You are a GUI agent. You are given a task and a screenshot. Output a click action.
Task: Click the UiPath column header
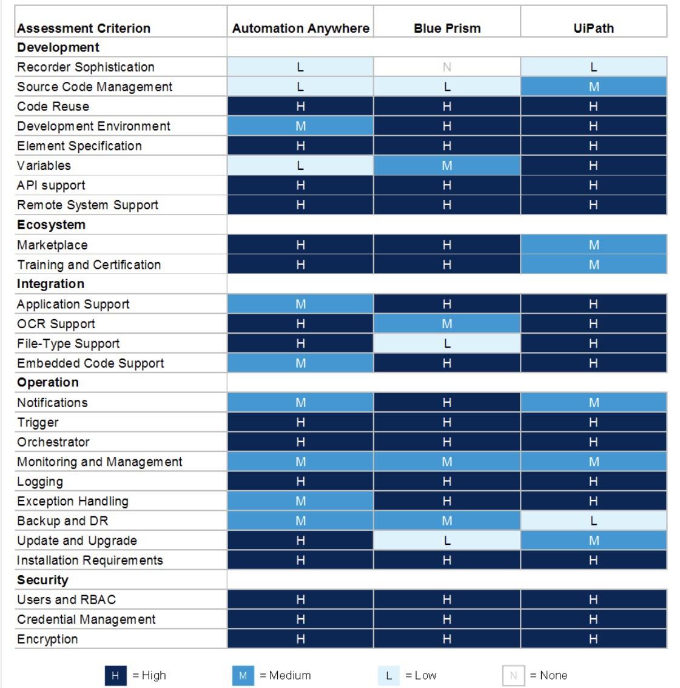click(x=593, y=29)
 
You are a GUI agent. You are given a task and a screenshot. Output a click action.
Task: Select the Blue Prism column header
click(x=447, y=29)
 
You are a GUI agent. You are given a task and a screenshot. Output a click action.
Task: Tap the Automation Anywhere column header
click(x=300, y=29)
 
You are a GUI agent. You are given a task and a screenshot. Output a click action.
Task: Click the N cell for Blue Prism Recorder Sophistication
click(x=447, y=67)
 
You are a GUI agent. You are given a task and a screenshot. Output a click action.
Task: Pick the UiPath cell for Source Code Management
click(x=593, y=87)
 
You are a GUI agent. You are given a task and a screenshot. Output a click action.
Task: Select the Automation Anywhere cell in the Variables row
click(x=300, y=166)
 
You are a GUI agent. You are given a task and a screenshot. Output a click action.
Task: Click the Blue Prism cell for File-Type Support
click(x=447, y=343)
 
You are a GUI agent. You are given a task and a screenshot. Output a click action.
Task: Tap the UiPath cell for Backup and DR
click(x=593, y=521)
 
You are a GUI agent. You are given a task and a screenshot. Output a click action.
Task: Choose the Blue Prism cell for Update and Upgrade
click(x=447, y=541)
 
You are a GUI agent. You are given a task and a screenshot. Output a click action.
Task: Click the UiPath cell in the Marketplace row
click(x=593, y=245)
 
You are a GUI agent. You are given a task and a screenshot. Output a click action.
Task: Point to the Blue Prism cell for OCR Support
click(x=447, y=324)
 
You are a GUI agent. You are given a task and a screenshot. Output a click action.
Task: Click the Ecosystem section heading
click(x=51, y=225)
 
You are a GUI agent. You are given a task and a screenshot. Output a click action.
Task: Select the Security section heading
click(x=42, y=580)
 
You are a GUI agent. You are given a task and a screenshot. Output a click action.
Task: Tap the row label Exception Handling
click(x=73, y=501)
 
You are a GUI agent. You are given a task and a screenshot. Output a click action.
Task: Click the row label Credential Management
click(x=86, y=619)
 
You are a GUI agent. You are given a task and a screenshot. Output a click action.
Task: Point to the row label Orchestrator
click(x=53, y=442)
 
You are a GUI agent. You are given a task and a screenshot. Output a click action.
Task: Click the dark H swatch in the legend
click(x=115, y=675)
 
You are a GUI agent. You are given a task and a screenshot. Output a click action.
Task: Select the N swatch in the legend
click(x=513, y=675)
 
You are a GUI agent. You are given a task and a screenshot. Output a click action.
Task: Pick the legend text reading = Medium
click(x=285, y=675)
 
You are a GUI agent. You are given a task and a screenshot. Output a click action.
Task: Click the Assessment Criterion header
click(x=84, y=29)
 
